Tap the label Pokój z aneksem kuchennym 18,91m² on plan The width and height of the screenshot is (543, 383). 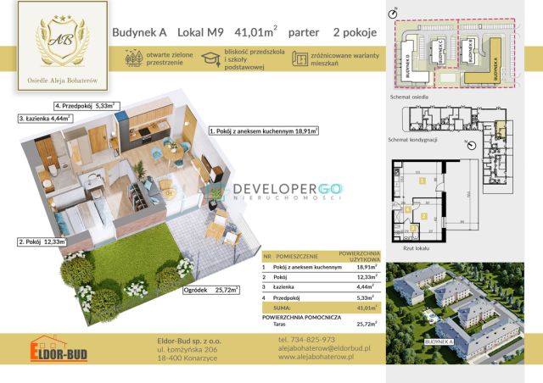(263, 132)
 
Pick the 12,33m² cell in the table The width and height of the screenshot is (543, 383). (367, 277)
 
